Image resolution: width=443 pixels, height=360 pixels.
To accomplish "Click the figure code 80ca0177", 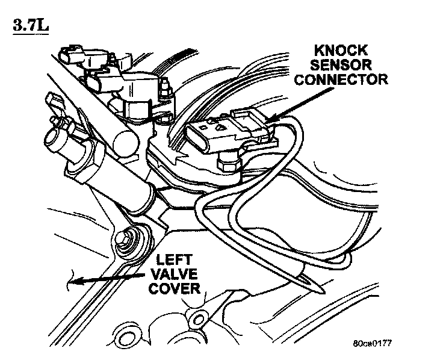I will (373, 346).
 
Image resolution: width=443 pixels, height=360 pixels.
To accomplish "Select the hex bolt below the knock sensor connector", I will (228, 160).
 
